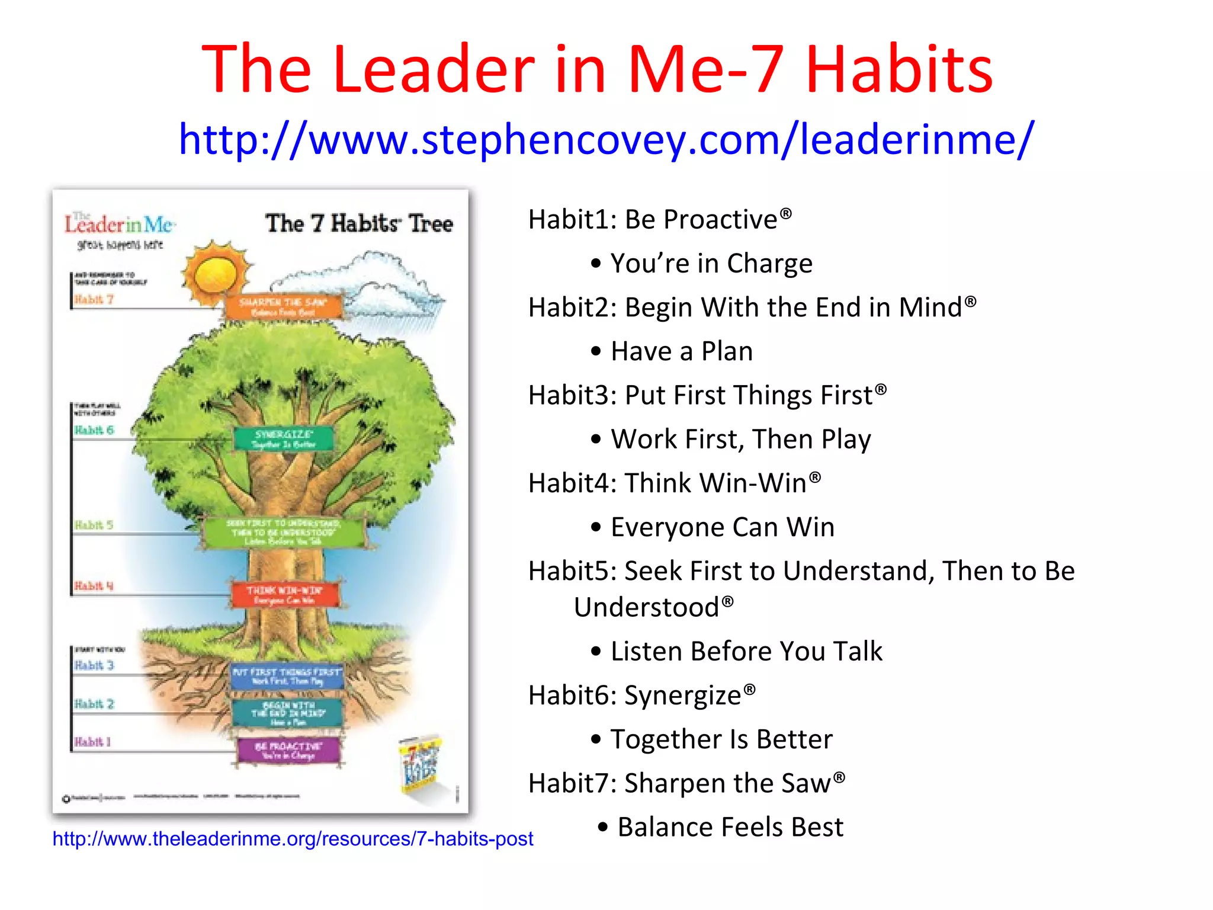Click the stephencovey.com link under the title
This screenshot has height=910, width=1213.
(606, 140)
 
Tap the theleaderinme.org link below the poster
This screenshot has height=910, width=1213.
(293, 838)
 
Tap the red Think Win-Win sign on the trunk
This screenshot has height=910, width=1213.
(285, 595)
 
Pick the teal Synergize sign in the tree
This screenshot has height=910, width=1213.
(283, 438)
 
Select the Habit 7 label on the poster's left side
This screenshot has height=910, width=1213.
(94, 300)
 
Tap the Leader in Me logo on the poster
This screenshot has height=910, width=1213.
(118, 226)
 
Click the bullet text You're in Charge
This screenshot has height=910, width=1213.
(711, 264)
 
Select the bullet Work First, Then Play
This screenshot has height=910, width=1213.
(740, 440)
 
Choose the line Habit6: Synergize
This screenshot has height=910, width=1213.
(642, 696)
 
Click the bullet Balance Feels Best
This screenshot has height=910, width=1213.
(730, 827)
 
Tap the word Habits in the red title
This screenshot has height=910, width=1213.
(899, 70)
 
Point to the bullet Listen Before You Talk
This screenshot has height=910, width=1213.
(746, 652)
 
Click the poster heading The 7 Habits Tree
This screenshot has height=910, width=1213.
(359, 224)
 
